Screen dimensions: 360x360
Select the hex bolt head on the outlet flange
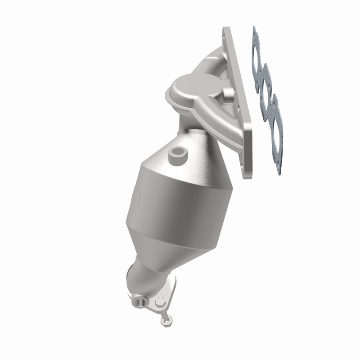pos(158,305)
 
